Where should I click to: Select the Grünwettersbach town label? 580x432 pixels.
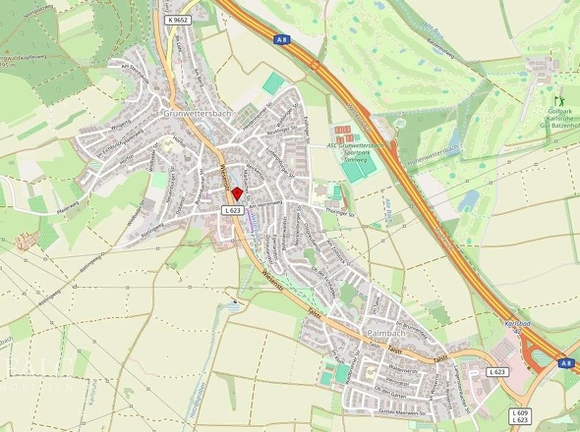tap(192, 114)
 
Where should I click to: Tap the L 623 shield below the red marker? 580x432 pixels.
tap(232, 210)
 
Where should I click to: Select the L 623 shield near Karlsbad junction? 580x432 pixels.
tap(498, 372)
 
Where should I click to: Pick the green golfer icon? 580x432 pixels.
tap(561, 101)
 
